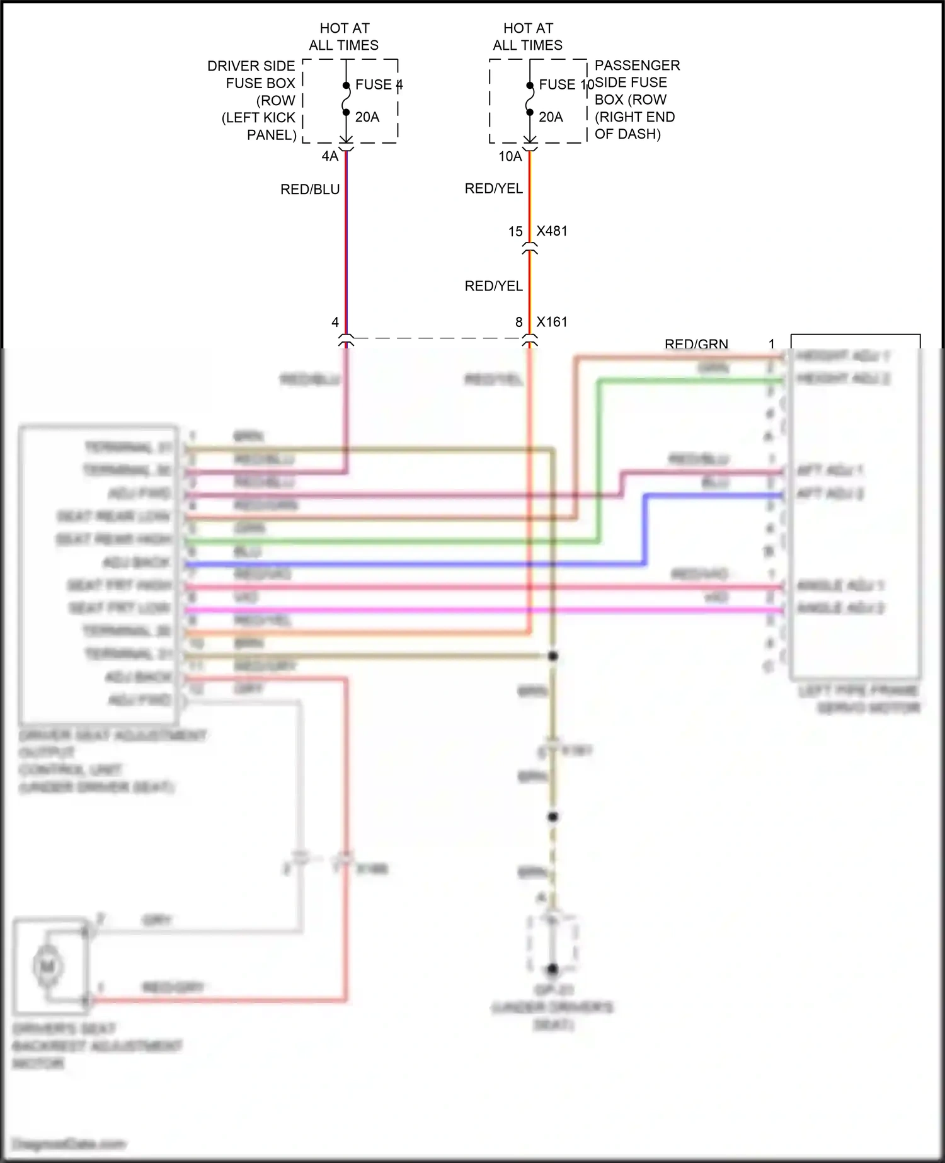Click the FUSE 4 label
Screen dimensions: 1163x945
pos(378,84)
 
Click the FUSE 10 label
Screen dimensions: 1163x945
pos(564,84)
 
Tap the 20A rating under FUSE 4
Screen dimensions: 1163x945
pos(367,117)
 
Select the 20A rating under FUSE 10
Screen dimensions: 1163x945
pos(551,117)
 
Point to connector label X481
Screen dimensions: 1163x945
pos(552,231)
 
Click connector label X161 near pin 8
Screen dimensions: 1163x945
pos(552,322)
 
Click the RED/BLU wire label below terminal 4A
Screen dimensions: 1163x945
pos(310,190)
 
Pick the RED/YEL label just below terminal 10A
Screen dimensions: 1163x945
pos(494,188)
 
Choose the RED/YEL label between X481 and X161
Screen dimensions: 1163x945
pos(494,286)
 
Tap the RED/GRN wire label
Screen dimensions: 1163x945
pos(696,343)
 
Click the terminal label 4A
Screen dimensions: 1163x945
pos(330,156)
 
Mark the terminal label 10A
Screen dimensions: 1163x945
pos(510,156)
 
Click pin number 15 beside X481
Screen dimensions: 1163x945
pos(515,232)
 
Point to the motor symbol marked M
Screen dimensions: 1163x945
pos(48,966)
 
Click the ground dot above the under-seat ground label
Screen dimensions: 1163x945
pos(553,969)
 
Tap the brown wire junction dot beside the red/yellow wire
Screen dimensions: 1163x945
pos(553,656)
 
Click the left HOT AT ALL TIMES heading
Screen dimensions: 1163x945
pos(344,37)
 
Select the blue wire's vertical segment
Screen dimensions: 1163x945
pos(644,529)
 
